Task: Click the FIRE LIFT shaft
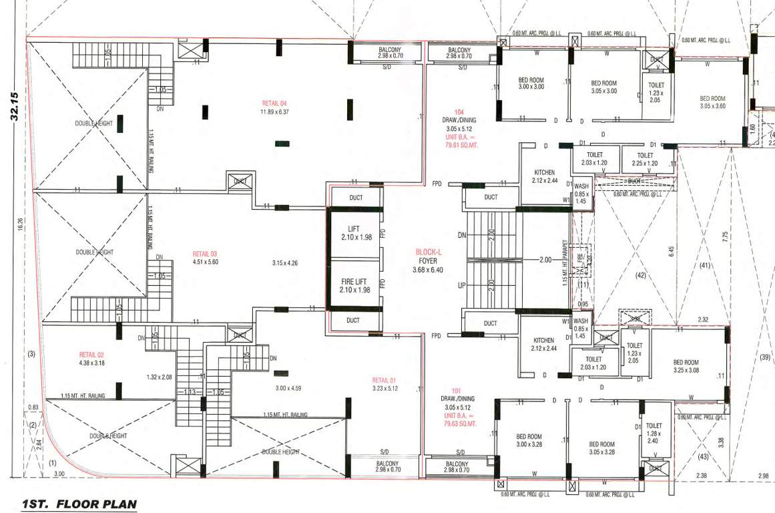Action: [x=354, y=286]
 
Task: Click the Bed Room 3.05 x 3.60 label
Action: [x=712, y=102]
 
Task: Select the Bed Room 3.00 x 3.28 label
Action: [x=529, y=440]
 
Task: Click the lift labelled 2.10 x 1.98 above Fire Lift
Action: [x=354, y=234]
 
